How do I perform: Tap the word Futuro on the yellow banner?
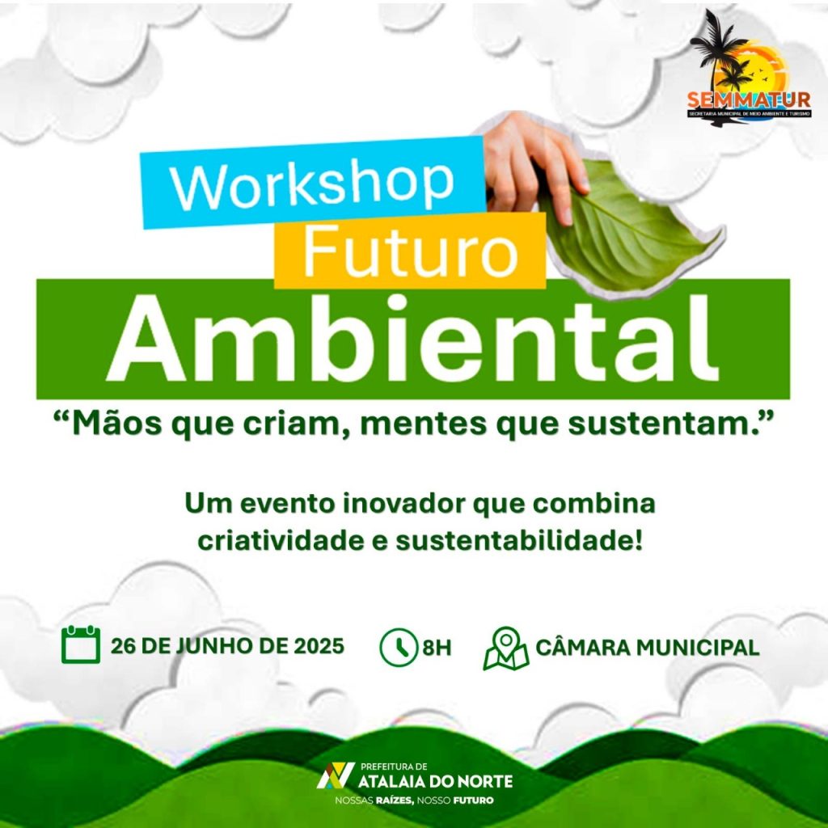point(410,251)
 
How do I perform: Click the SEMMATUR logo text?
point(749,99)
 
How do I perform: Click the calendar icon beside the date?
point(81,644)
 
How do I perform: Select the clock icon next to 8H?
point(399,647)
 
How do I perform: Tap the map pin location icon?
point(506,648)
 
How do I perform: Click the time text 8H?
point(437,648)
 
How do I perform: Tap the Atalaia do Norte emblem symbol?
point(336,775)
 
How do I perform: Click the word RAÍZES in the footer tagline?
point(395,801)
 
